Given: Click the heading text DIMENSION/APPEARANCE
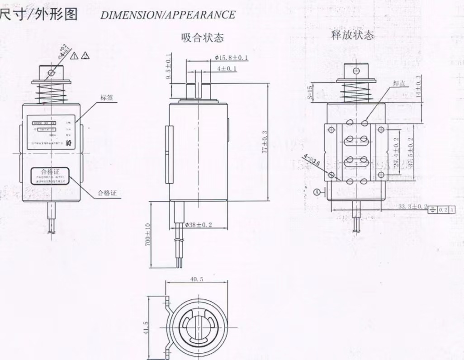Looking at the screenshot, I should pos(168,15).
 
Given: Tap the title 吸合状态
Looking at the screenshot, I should pos(202,38).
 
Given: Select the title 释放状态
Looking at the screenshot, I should pos(352,35).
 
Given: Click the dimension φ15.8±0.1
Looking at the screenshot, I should pos(232,58).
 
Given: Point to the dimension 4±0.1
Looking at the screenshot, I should pos(227,69).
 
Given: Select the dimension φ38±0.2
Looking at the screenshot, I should pos(199,225).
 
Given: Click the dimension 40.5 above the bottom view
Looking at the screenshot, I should pos(196,279).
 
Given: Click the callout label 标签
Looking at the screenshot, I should pos(107,98).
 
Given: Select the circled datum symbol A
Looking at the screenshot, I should pos(317,193).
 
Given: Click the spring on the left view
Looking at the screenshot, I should pos(51,93).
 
